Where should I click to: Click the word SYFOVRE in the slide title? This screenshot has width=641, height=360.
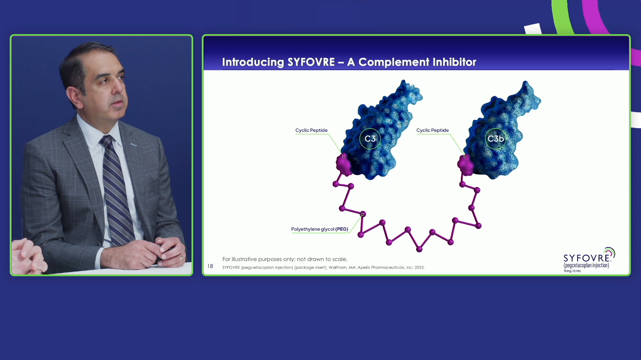tap(311, 62)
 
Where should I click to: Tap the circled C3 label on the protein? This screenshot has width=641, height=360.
tap(370, 139)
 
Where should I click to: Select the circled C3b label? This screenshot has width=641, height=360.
tap(495, 139)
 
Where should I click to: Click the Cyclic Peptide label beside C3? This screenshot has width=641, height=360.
tap(311, 130)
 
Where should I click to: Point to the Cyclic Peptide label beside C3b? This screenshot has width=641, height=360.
tap(432, 130)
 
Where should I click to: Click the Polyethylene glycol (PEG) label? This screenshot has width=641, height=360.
tap(319, 229)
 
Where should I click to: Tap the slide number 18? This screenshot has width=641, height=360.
tap(210, 266)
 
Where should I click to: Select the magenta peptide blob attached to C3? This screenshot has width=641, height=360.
tap(344, 165)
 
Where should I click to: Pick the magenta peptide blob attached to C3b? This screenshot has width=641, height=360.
tap(465, 165)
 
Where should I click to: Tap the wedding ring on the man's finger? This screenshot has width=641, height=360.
tap(180, 257)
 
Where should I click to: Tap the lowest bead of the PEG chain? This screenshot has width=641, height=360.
tap(419, 249)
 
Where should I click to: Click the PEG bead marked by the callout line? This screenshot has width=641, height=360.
tap(363, 214)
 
